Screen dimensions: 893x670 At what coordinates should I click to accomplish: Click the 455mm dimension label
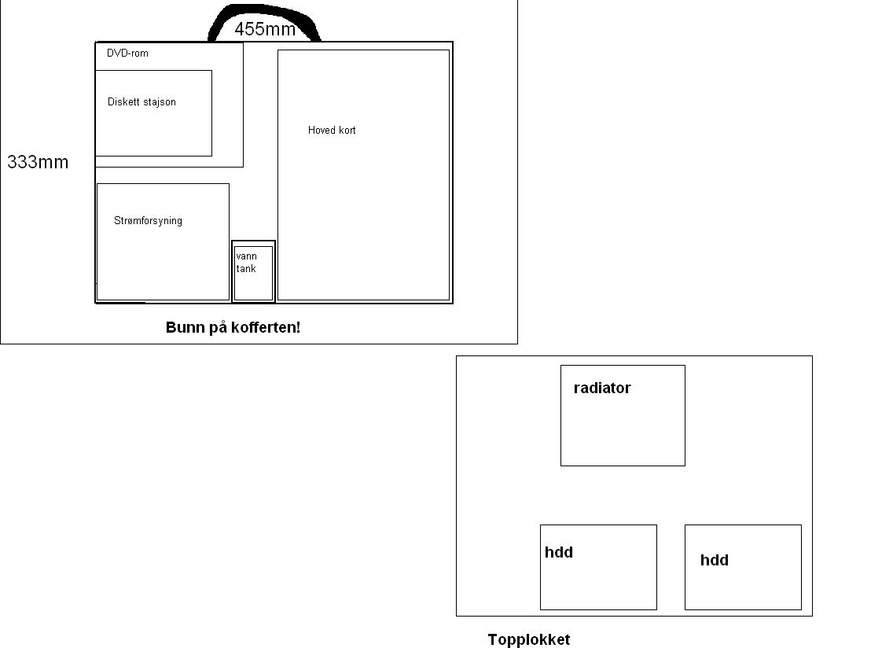[265, 29]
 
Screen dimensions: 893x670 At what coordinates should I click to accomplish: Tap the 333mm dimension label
[38, 162]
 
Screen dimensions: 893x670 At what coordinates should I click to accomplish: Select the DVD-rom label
[127, 53]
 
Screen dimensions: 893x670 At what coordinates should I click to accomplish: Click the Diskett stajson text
[141, 102]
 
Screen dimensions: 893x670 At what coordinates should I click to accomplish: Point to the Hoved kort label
[332, 130]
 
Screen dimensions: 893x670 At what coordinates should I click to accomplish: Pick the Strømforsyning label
[148, 221]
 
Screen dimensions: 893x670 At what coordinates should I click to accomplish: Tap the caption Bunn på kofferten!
[233, 328]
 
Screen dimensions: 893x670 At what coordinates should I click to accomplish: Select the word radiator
[602, 388]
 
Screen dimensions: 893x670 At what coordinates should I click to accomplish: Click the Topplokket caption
[528, 640]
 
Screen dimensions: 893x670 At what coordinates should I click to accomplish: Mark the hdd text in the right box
[715, 560]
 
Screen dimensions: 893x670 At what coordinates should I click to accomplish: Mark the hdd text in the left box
[559, 552]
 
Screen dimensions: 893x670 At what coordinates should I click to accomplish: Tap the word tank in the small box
[246, 268]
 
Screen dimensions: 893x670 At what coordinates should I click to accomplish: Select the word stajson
[159, 102]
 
